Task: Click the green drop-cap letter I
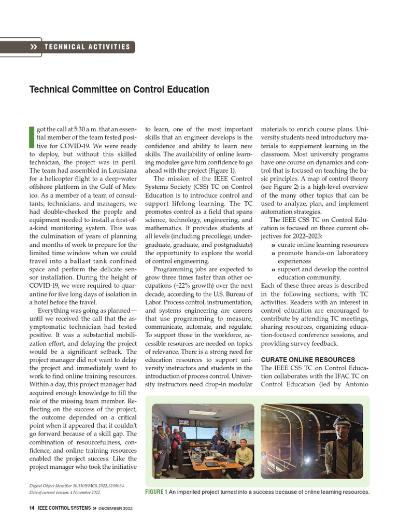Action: pos(32,136)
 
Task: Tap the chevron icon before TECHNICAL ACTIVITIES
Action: pos(34,47)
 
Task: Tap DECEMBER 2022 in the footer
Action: pos(116,509)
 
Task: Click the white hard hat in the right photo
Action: pos(342,421)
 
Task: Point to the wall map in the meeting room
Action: pos(243,431)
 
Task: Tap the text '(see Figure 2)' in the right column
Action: pos(282,187)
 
